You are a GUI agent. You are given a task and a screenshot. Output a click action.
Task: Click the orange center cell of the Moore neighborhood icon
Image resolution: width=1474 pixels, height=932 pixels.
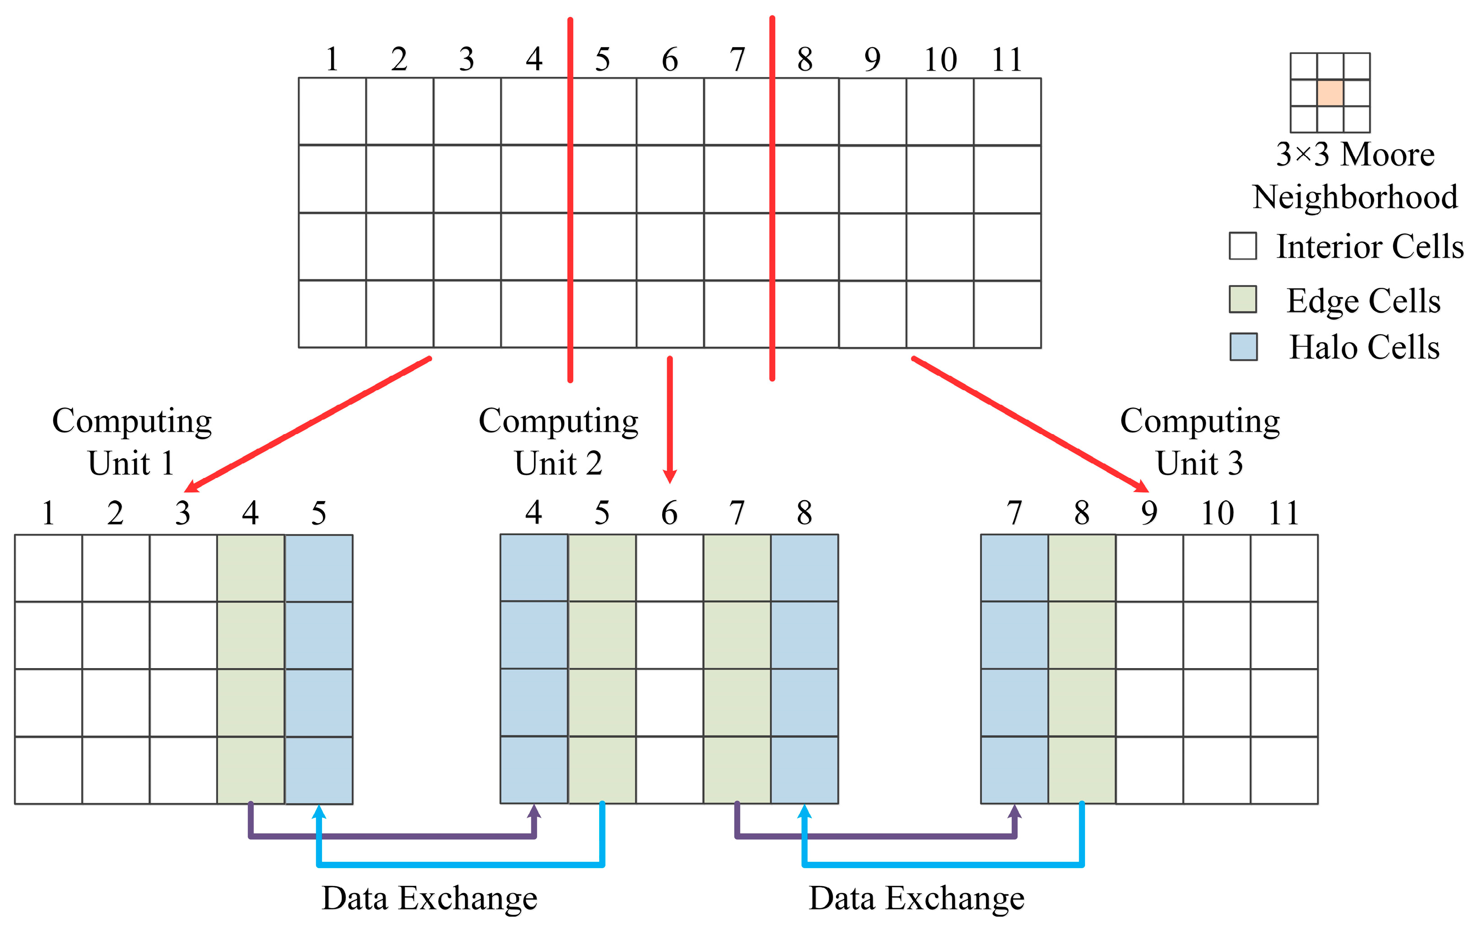click(x=1330, y=93)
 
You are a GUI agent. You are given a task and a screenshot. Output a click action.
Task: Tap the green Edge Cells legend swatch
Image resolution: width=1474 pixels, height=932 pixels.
click(x=1243, y=299)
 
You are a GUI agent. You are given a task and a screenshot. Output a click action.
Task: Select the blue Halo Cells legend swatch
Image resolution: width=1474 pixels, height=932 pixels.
click(x=1243, y=346)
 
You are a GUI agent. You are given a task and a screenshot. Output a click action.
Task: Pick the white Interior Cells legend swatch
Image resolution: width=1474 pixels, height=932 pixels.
click(x=1243, y=246)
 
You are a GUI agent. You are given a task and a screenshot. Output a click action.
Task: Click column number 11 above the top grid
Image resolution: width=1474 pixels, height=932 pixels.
click(x=1007, y=60)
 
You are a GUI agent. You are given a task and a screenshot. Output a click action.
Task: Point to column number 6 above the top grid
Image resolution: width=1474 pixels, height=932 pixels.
click(x=670, y=60)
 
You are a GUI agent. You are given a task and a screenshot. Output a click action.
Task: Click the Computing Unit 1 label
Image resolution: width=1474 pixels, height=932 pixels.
click(x=132, y=441)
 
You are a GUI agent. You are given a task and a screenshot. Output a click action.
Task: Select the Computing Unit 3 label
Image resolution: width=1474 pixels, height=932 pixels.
click(x=1200, y=441)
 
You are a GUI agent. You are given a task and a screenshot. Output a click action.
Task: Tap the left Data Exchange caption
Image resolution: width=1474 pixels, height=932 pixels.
click(x=429, y=899)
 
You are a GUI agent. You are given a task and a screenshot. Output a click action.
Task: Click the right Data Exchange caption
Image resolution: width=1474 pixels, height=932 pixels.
click(x=917, y=899)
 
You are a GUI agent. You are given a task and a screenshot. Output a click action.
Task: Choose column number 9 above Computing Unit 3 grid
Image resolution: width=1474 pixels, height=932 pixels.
click(x=1149, y=513)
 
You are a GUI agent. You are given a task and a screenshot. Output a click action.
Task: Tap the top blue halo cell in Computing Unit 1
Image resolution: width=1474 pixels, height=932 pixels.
click(x=318, y=568)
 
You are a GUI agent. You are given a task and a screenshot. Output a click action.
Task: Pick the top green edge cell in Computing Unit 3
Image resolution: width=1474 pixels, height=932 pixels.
click(x=1082, y=568)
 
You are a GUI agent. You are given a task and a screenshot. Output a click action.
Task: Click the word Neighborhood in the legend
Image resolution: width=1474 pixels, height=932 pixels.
click(x=1354, y=197)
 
